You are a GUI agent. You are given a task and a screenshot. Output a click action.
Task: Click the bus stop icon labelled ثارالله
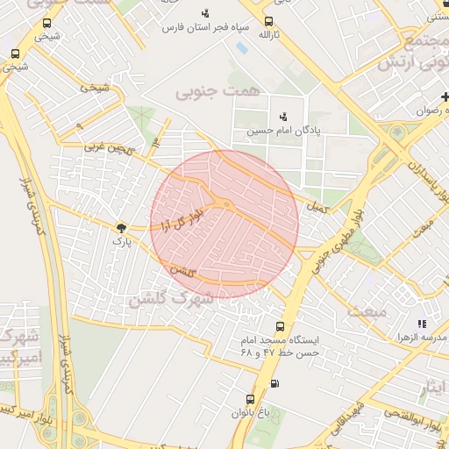[x=268, y=22]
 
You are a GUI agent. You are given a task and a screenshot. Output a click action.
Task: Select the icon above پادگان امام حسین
[x=282, y=116]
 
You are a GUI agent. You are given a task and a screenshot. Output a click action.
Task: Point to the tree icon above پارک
[x=119, y=227]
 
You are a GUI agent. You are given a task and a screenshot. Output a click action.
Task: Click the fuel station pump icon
[x=275, y=383]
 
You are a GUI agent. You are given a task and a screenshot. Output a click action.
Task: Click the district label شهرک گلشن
[x=170, y=298]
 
